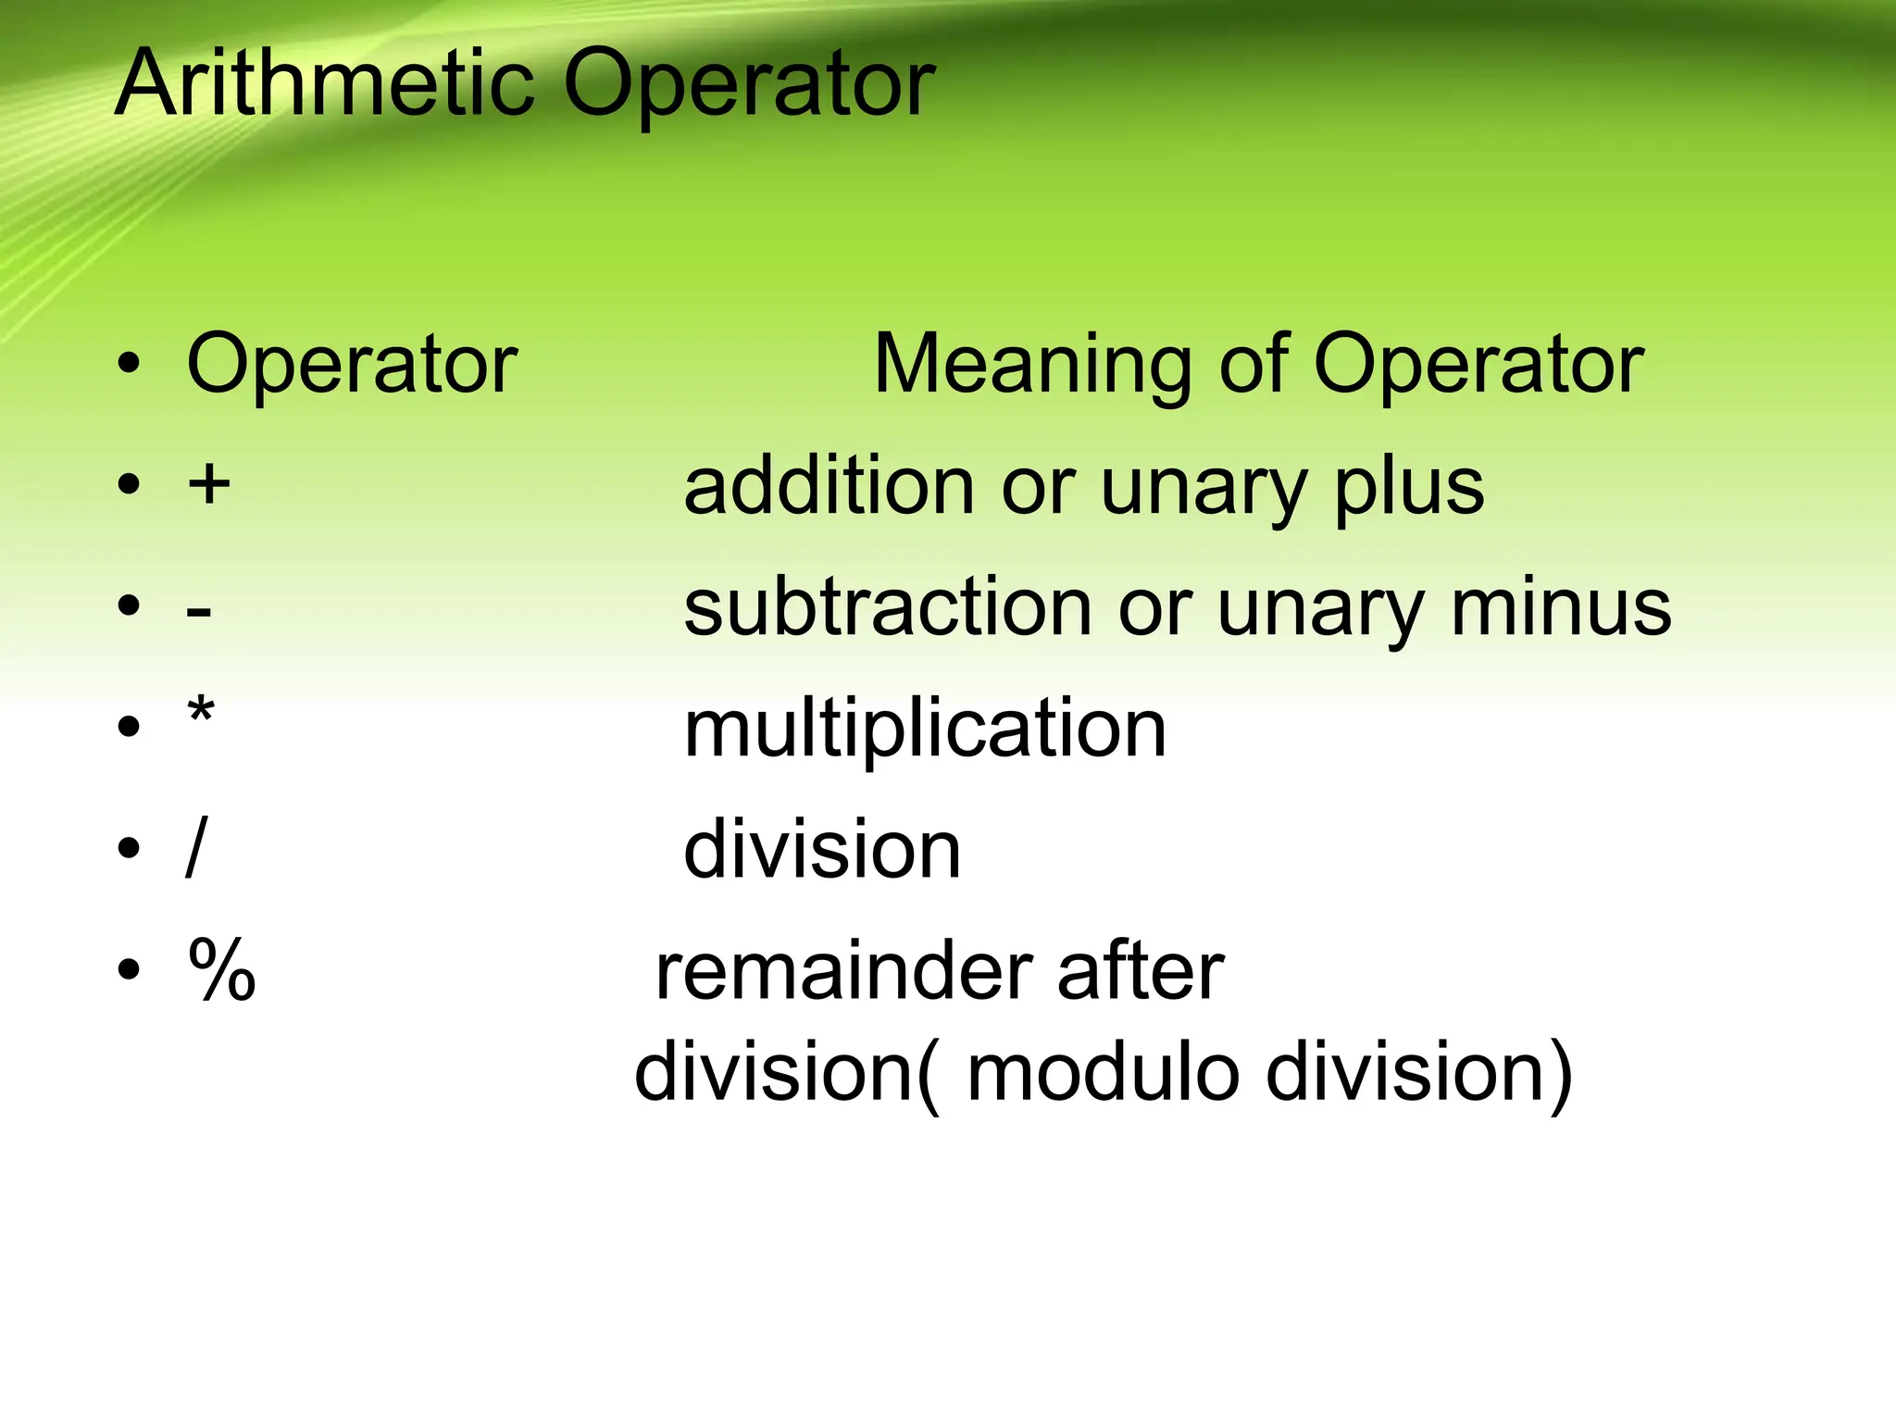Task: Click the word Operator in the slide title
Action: [x=749, y=85]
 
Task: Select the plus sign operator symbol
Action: [x=209, y=483]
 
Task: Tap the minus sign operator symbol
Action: [x=199, y=611]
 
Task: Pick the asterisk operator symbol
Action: [x=201, y=715]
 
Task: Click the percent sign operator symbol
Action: [x=222, y=968]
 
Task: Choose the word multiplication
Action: [x=925, y=730]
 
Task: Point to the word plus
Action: [x=1408, y=489]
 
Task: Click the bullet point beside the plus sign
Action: [x=129, y=483]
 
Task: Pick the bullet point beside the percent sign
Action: [x=129, y=969]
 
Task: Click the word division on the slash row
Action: [x=822, y=849]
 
